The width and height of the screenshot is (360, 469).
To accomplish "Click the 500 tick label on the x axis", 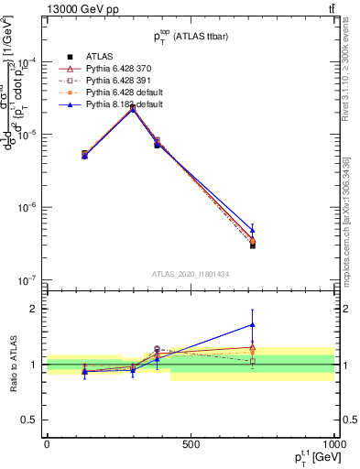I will coord(191,444).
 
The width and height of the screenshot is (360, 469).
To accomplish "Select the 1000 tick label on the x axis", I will coord(333,444).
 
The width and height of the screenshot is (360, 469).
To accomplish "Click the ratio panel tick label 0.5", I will coord(31,420).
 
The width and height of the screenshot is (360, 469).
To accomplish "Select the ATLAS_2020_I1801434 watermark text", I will coord(190,274).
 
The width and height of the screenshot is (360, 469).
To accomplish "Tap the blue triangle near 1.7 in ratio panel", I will coord(253,324).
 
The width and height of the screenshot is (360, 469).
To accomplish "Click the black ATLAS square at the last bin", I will coord(253,245).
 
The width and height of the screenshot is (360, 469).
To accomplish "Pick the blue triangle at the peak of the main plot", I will coord(133,109).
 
